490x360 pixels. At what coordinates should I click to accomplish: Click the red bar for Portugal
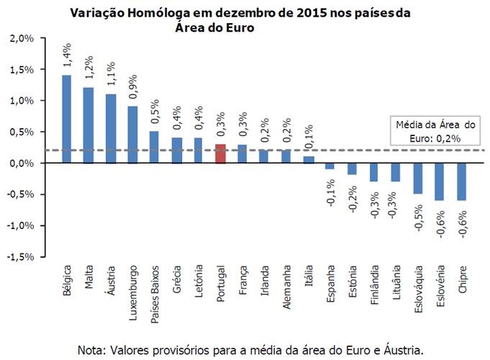click(221, 153)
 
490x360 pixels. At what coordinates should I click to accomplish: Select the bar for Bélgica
click(67, 119)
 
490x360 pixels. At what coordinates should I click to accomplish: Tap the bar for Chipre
click(463, 181)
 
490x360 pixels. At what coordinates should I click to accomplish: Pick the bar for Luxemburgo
click(133, 135)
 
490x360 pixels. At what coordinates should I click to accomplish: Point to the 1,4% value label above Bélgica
click(66, 54)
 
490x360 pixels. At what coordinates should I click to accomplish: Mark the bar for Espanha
click(330, 166)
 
